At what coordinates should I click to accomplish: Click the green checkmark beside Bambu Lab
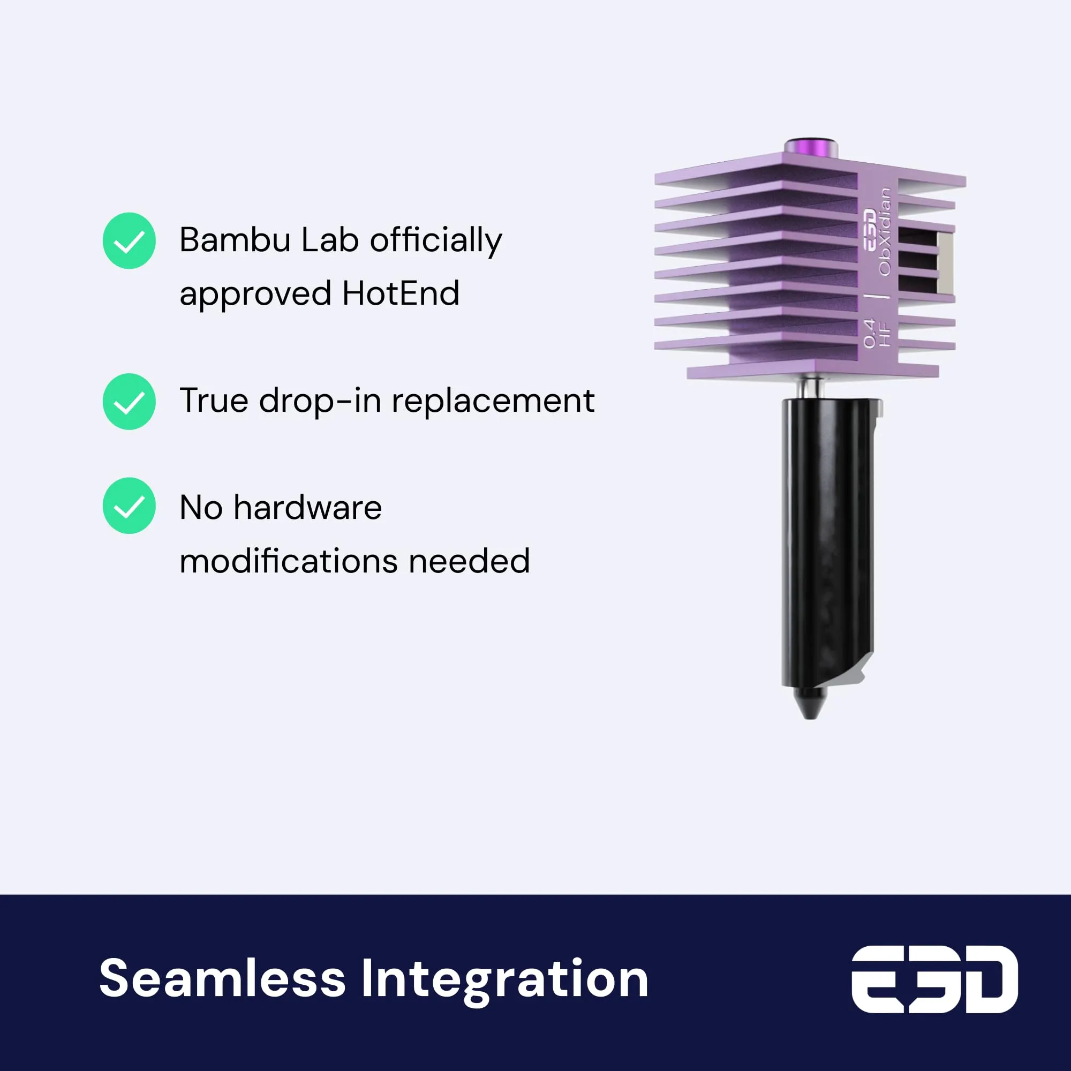coord(129,240)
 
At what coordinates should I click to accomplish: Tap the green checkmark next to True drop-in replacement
coord(129,401)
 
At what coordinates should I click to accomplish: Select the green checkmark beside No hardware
coord(129,506)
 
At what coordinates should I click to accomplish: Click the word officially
coord(436,241)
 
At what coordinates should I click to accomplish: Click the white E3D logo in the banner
coord(934,979)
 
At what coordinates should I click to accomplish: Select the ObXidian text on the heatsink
coord(885,231)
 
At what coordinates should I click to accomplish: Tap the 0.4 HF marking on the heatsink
coord(877,333)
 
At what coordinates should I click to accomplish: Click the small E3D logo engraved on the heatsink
coord(869,230)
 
